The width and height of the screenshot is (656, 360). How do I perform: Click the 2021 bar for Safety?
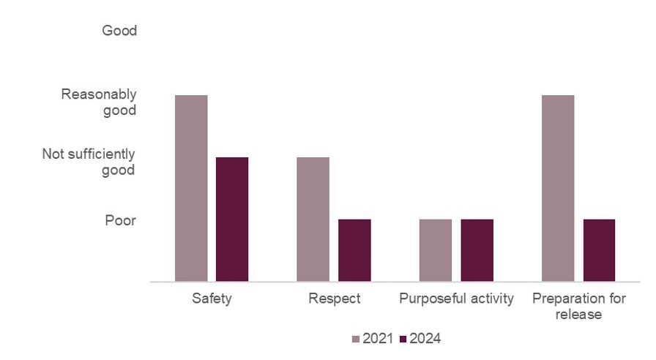191,188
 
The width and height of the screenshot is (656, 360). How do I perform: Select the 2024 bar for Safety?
232,219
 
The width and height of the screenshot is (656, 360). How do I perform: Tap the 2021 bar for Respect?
313,219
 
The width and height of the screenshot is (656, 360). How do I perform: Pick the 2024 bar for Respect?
354,250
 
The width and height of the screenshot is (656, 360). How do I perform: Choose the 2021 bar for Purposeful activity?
435,250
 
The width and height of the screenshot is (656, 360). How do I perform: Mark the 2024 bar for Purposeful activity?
477,250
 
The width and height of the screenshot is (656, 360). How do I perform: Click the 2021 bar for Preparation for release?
557,188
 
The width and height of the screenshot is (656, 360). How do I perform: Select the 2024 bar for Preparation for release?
599,250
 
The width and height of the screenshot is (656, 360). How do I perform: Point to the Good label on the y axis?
119,31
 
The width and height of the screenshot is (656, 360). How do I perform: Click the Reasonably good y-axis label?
99,102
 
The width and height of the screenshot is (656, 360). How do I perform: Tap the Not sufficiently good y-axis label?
89,162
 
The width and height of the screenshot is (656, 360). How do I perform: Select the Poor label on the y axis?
119,220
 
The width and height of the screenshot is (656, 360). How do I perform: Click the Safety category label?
212,299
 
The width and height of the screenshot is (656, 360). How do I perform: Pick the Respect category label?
334,299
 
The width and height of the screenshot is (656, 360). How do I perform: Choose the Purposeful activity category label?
456,299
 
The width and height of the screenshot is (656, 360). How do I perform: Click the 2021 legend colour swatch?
357,339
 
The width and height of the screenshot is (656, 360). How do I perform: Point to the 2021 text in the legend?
379,339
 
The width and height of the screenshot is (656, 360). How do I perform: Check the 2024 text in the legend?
425,339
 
